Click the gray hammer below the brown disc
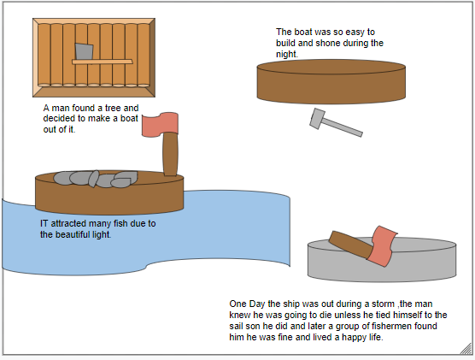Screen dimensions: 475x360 coord(336,123)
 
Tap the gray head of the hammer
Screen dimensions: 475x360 coord(317,118)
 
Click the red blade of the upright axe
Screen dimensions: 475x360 coord(160,124)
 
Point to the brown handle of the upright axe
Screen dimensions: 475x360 coord(170,154)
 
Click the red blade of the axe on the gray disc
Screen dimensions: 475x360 coord(384,246)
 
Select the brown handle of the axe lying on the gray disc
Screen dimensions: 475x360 coord(351,244)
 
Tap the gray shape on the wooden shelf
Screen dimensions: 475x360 coord(84,51)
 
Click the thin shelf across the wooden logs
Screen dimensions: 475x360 coord(102,62)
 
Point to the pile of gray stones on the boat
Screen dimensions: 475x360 coord(96,179)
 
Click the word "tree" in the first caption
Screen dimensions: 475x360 coord(113,108)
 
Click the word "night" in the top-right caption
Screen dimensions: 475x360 coord(286,54)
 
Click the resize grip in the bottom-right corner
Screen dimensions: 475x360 coord(466,349)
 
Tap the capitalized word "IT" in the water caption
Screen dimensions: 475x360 coord(44,223)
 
